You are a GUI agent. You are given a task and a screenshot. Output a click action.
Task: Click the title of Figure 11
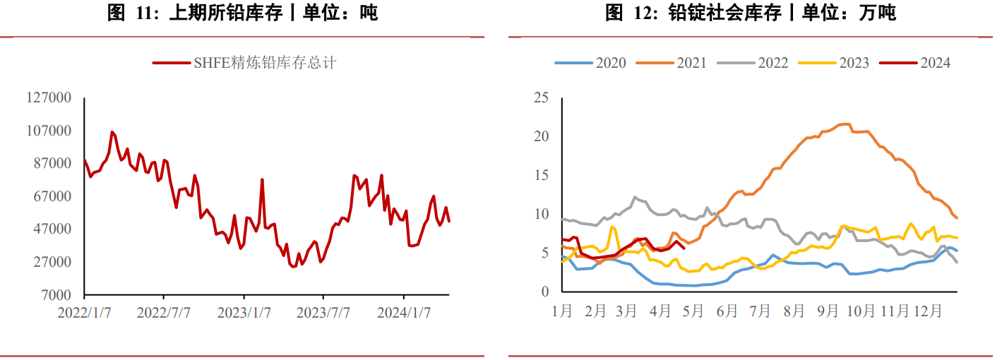pyautogui.click(x=242, y=13)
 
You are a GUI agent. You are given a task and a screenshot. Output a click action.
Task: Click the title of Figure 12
pyautogui.click(x=750, y=13)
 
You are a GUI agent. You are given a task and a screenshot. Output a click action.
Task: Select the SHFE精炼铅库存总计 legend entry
pyautogui.click(x=244, y=63)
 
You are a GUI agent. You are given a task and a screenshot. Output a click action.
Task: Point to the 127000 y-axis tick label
pyautogui.click(x=49, y=97)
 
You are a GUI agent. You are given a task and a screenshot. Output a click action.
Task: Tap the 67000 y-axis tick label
pyautogui.click(x=52, y=196)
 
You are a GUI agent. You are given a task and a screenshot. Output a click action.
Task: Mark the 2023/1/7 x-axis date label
pyautogui.click(x=244, y=313)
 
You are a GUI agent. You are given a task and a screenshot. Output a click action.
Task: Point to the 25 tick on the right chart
pyautogui.click(x=541, y=97)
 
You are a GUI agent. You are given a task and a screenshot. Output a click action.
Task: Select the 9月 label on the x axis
pyautogui.click(x=828, y=311)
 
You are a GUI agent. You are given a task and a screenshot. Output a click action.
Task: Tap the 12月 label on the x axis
pyautogui.click(x=927, y=311)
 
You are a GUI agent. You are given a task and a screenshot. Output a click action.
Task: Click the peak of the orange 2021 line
pyautogui.click(x=845, y=124)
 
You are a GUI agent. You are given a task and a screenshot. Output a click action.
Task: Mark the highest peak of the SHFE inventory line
pyautogui.click(x=112, y=131)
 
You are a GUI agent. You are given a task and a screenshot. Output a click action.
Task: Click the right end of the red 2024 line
pyautogui.click(x=684, y=248)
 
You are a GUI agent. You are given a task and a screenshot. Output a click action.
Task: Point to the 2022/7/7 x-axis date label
pyautogui.click(x=164, y=313)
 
